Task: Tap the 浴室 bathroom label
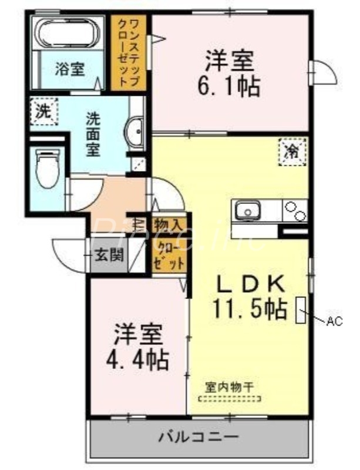(x=69, y=69)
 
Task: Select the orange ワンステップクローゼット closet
(x=129, y=52)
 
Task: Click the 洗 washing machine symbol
(x=43, y=111)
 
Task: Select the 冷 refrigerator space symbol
(x=292, y=152)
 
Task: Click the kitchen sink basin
(x=248, y=210)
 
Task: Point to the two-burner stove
(x=294, y=211)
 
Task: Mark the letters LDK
(x=251, y=284)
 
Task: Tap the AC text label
(x=334, y=321)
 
